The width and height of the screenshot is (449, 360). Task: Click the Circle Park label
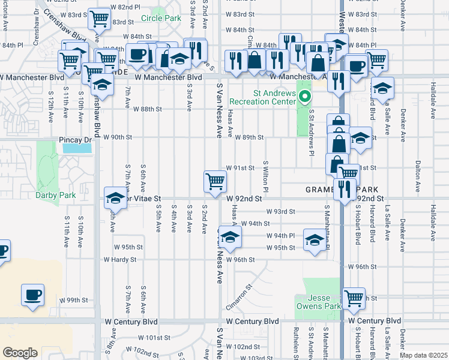[161, 19]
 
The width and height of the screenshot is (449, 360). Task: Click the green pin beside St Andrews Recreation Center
[305, 95]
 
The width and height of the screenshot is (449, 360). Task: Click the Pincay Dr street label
[76, 140]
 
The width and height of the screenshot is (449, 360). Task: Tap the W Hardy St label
[120, 260]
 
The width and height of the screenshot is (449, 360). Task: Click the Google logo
[20, 352]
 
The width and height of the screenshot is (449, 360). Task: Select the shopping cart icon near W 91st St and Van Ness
[215, 181]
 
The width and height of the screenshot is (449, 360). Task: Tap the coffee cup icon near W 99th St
[32, 295]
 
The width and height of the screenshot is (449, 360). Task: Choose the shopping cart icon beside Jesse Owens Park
[354, 298]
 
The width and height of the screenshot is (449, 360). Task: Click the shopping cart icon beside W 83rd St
[99, 19]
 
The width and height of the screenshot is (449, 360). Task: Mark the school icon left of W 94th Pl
[229, 236]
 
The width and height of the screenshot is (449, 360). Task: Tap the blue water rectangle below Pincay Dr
[77, 148]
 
